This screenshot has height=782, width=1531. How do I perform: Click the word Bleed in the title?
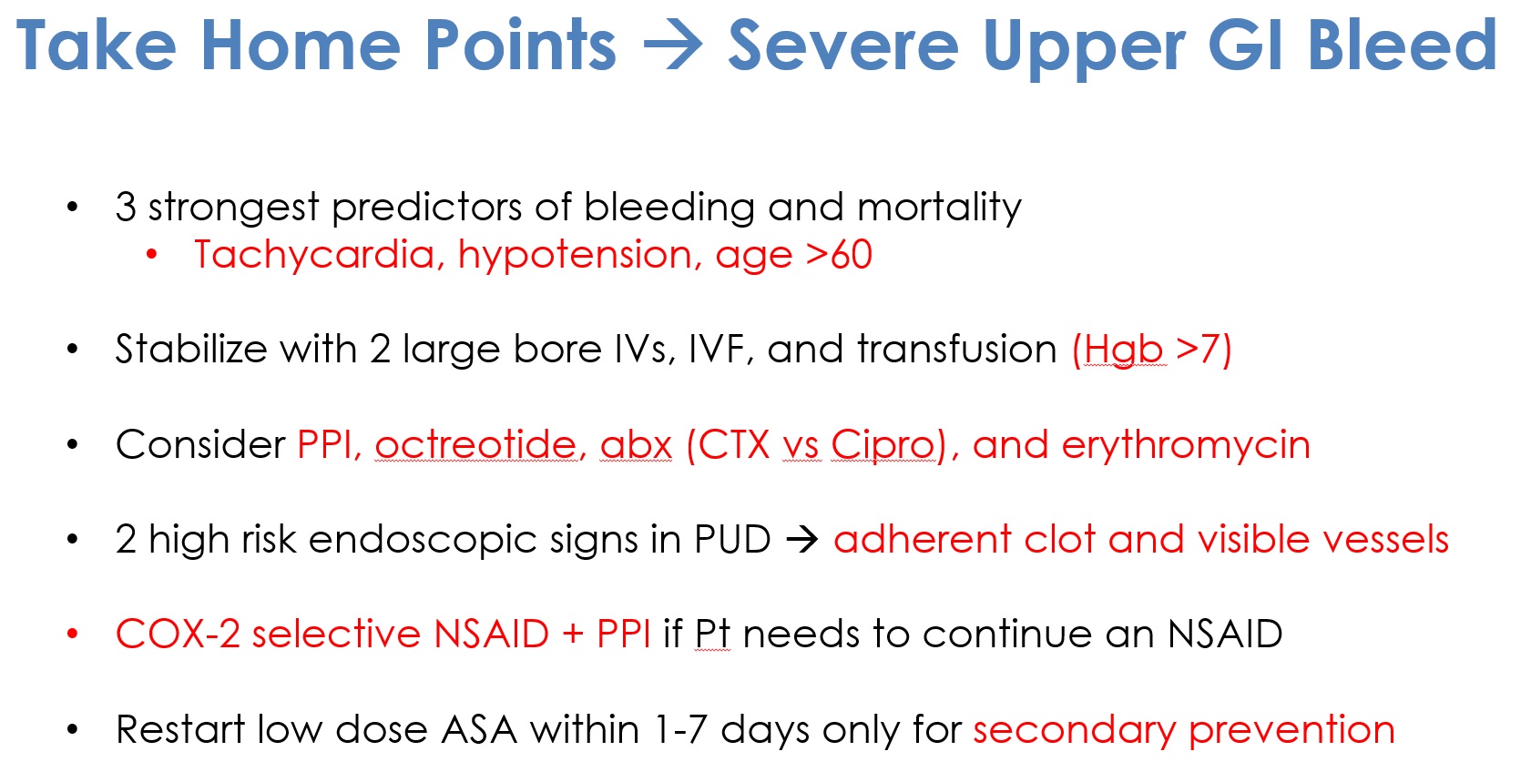1402,46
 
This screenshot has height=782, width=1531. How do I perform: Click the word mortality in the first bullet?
939,208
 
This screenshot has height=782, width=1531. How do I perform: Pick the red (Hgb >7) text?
1152,350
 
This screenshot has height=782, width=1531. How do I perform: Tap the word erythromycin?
1186,446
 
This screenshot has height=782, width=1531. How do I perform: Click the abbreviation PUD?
732,540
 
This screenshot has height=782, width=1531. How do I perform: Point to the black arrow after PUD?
801,540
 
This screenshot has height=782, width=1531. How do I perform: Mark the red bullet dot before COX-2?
73,635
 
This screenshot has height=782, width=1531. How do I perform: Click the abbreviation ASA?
479,729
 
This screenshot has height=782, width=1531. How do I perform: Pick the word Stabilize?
191,349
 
